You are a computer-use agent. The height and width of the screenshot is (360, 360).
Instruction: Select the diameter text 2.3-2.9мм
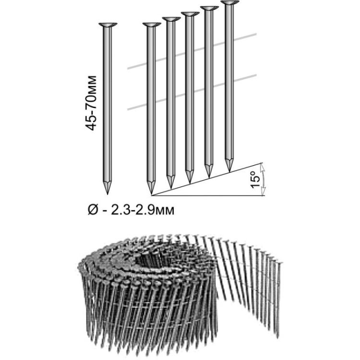(x=143, y=210)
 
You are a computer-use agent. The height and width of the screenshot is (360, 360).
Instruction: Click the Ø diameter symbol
(x=93, y=210)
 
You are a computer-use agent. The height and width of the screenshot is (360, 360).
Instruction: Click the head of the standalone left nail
(x=108, y=25)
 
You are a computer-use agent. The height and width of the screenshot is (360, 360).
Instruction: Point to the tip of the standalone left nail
(x=108, y=194)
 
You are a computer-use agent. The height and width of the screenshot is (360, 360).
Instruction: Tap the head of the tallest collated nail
(x=229, y=3)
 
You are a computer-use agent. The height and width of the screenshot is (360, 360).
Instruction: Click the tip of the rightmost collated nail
(x=229, y=171)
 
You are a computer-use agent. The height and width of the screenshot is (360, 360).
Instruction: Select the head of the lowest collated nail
(x=152, y=25)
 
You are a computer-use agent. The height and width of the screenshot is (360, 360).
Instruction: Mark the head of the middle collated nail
(x=190, y=13)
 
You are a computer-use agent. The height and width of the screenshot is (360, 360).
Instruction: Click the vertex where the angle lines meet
(x=151, y=196)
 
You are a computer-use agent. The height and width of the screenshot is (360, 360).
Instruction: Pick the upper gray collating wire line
(x=192, y=51)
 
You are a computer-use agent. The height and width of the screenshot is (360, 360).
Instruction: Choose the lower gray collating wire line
(x=192, y=92)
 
